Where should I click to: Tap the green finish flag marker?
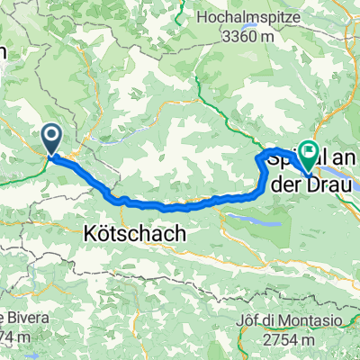pyautogui.click(x=309, y=154)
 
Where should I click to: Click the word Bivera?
pyautogui.click(x=22, y=317)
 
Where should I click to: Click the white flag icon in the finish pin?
pyautogui.click(x=309, y=151)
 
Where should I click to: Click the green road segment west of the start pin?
pyautogui.click(x=22, y=173)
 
